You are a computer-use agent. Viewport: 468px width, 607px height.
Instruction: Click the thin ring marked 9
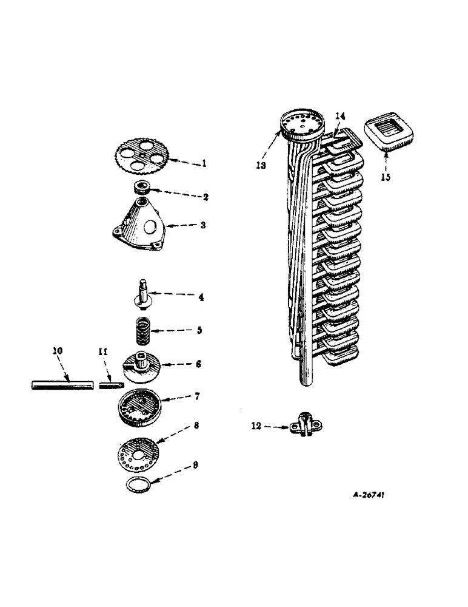point(138,485)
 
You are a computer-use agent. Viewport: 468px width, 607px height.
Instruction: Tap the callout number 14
point(340,115)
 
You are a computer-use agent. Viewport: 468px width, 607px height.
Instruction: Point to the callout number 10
point(58,350)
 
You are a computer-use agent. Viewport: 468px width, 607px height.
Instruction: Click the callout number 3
point(204,225)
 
